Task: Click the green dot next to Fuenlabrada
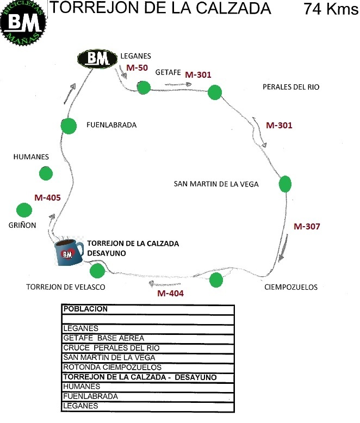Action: pyautogui.click(x=69, y=126)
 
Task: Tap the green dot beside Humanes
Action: pyautogui.click(x=46, y=174)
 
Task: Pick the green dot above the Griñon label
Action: pyautogui.click(x=24, y=209)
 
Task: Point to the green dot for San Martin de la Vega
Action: pyautogui.click(x=285, y=184)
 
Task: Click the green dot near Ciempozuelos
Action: pyautogui.click(x=216, y=280)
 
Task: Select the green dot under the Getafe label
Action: pyautogui.click(x=144, y=87)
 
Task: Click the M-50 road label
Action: pyautogui.click(x=137, y=67)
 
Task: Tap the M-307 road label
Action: pyautogui.click(x=307, y=226)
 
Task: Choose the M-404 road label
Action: pyautogui.click(x=171, y=294)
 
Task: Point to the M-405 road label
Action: pyautogui.click(x=47, y=198)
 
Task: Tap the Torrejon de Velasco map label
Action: pyautogui.click(x=65, y=287)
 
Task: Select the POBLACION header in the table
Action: pyautogui.click(x=86, y=309)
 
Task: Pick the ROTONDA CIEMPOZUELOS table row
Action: pyautogui.click(x=108, y=368)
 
